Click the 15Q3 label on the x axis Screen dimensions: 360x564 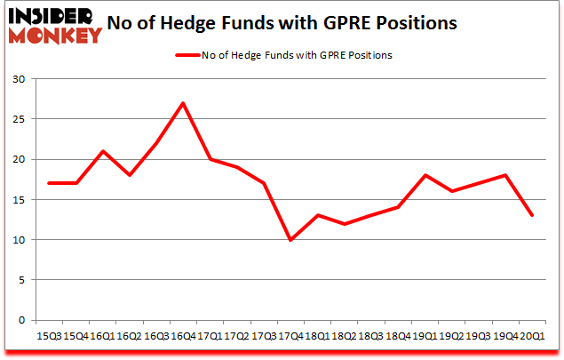tap(50, 337)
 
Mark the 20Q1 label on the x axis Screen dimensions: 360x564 tap(531, 337)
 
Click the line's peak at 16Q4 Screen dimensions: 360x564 tap(182, 103)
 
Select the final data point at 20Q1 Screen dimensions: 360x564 tap(531, 216)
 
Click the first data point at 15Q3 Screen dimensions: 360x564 tap(50, 183)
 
